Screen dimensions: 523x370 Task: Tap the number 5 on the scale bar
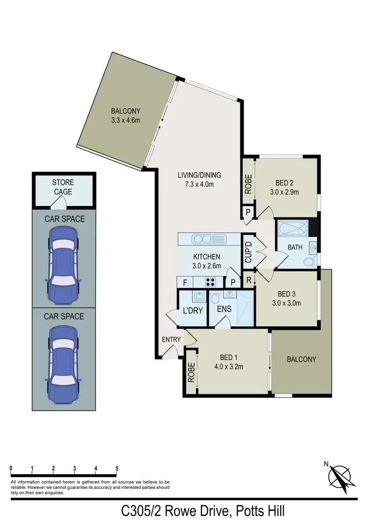pos(117,468)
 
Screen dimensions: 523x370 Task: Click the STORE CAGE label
pos(63,187)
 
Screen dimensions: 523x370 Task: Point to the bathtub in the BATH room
pos(294,229)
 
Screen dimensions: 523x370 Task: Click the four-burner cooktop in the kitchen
pos(211,282)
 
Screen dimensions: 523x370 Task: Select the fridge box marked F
pos(185,282)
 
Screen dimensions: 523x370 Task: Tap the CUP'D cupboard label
pos(248,252)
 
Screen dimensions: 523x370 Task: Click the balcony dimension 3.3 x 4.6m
pos(126,120)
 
